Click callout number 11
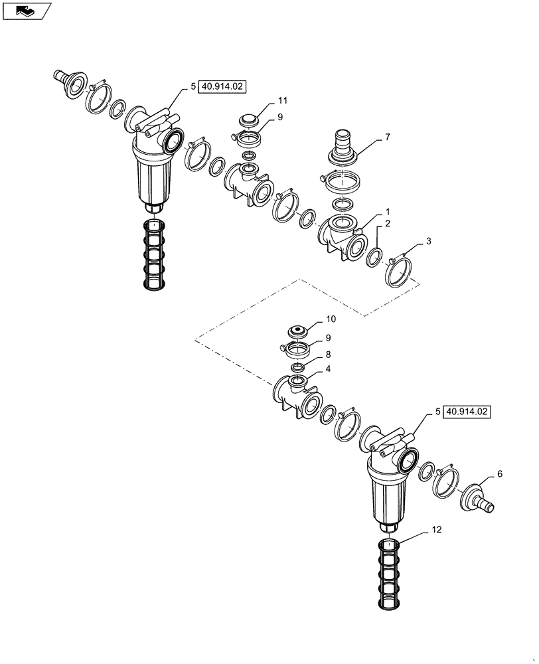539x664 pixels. (x=282, y=100)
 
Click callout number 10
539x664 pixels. (x=331, y=319)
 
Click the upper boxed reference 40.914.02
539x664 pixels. (x=222, y=86)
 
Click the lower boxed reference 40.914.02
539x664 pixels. (x=467, y=412)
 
